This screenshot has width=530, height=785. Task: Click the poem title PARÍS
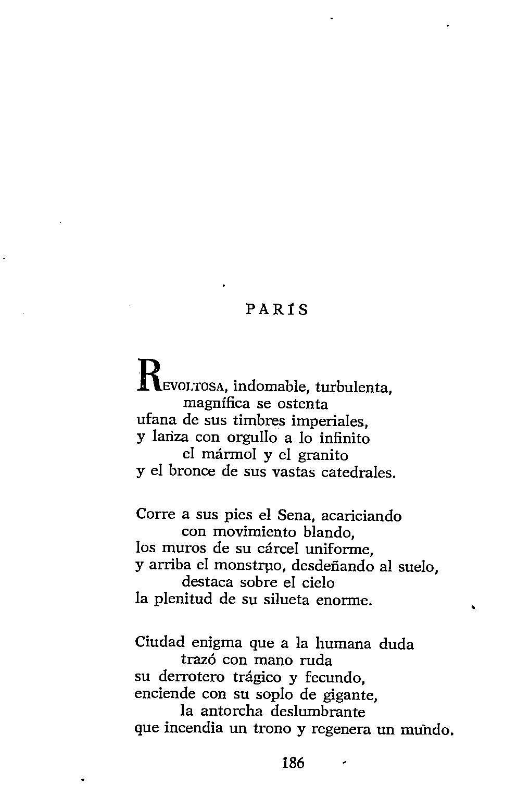pos(276,310)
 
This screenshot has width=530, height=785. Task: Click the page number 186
pos(293,763)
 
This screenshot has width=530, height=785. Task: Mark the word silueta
pos(284,600)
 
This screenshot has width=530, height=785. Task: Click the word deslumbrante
pos(318,711)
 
